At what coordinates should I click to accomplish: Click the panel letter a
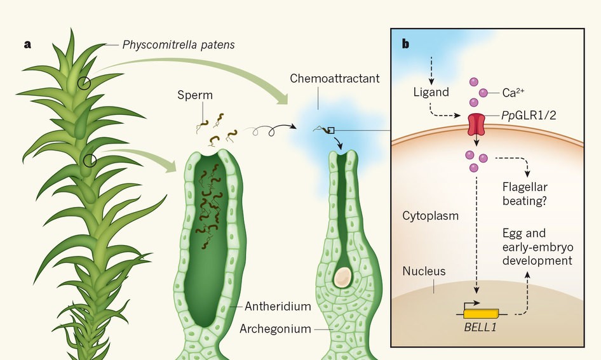[27, 44]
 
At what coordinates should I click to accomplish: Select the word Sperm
[196, 95]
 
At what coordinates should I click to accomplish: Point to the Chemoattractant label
[335, 79]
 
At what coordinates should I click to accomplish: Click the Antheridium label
[278, 306]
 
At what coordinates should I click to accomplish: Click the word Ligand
[430, 92]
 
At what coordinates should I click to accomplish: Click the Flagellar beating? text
[525, 194]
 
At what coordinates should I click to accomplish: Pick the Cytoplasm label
[430, 215]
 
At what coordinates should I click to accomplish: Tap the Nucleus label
[424, 271]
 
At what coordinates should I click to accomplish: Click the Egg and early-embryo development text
[537, 247]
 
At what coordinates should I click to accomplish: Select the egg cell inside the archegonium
[343, 276]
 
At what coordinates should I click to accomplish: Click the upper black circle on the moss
[84, 83]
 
